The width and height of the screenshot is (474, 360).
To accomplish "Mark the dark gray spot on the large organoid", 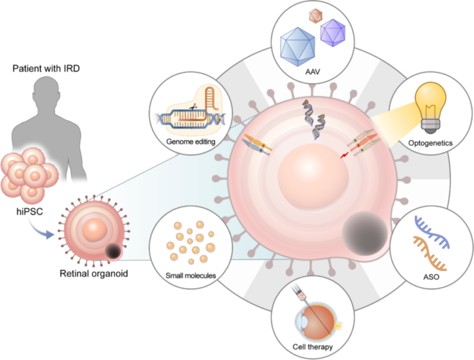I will pyautogui.click(x=364, y=233).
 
